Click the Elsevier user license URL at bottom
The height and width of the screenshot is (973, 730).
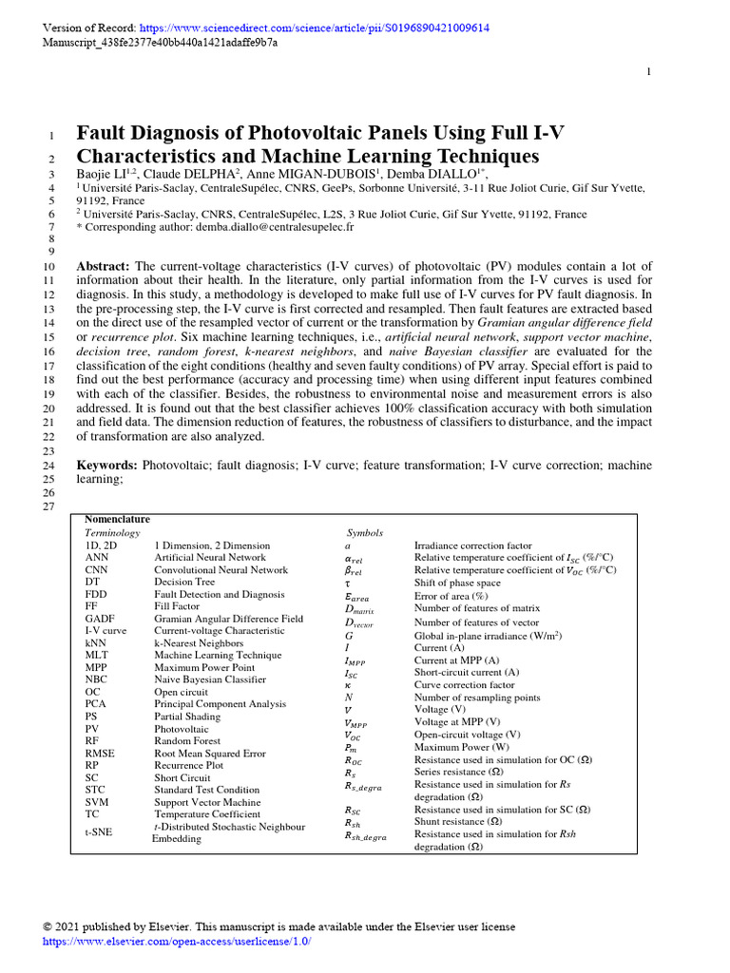pos(178,941)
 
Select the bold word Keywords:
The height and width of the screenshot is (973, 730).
pos(107,465)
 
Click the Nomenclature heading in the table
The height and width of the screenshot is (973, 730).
pos(117,520)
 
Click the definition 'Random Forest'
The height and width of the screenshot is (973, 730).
pos(187,740)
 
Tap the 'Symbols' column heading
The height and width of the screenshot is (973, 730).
pos(365,534)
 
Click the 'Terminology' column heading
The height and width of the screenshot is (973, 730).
pos(112,533)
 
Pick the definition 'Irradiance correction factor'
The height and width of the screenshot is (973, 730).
pos(473,546)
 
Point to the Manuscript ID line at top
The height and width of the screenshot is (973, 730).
pos(161,44)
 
